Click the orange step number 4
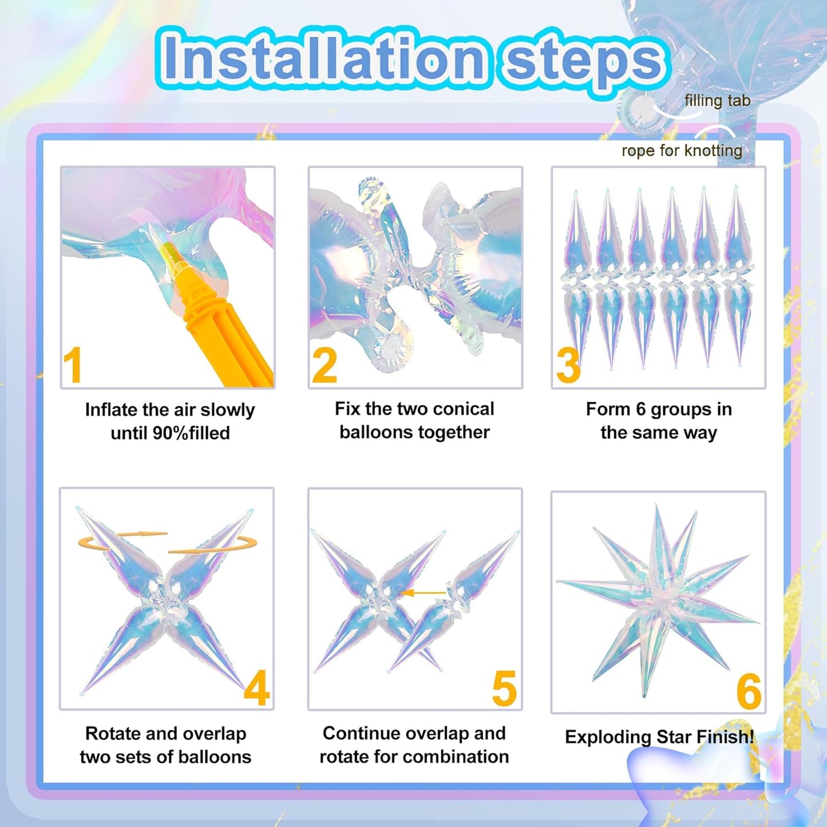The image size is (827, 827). point(256,688)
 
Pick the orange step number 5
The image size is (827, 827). point(504,688)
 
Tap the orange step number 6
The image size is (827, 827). point(749,691)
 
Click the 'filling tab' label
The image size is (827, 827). point(717,101)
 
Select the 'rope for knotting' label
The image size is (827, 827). point(682,151)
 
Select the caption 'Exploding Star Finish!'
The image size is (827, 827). point(659,737)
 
